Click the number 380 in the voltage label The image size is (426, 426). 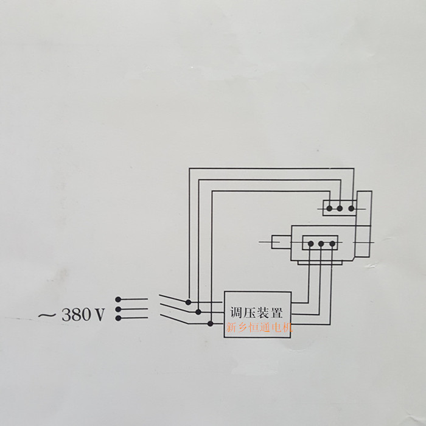[x=76, y=315]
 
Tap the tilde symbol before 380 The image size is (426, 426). [x=47, y=315]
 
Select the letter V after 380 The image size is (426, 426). [x=99, y=315]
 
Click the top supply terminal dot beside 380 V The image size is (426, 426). [x=118, y=299]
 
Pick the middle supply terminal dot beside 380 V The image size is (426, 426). [x=118, y=309]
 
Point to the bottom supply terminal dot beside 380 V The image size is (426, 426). [x=118, y=318]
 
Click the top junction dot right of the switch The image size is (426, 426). [x=188, y=302]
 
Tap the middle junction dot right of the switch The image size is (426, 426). [x=198, y=312]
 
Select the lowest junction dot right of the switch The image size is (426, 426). [x=211, y=324]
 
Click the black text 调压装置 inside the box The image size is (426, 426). [x=256, y=312]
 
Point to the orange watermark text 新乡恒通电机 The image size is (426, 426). [x=259, y=327]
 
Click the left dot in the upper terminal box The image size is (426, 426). [x=329, y=208]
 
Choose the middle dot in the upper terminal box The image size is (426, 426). [x=340, y=208]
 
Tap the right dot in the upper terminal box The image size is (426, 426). [x=351, y=208]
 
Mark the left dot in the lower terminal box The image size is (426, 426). [x=311, y=243]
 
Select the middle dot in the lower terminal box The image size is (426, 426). [x=321, y=243]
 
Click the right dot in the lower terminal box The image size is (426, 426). [x=332, y=243]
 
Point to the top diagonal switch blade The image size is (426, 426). [x=173, y=298]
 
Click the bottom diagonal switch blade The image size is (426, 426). [x=175, y=319]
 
